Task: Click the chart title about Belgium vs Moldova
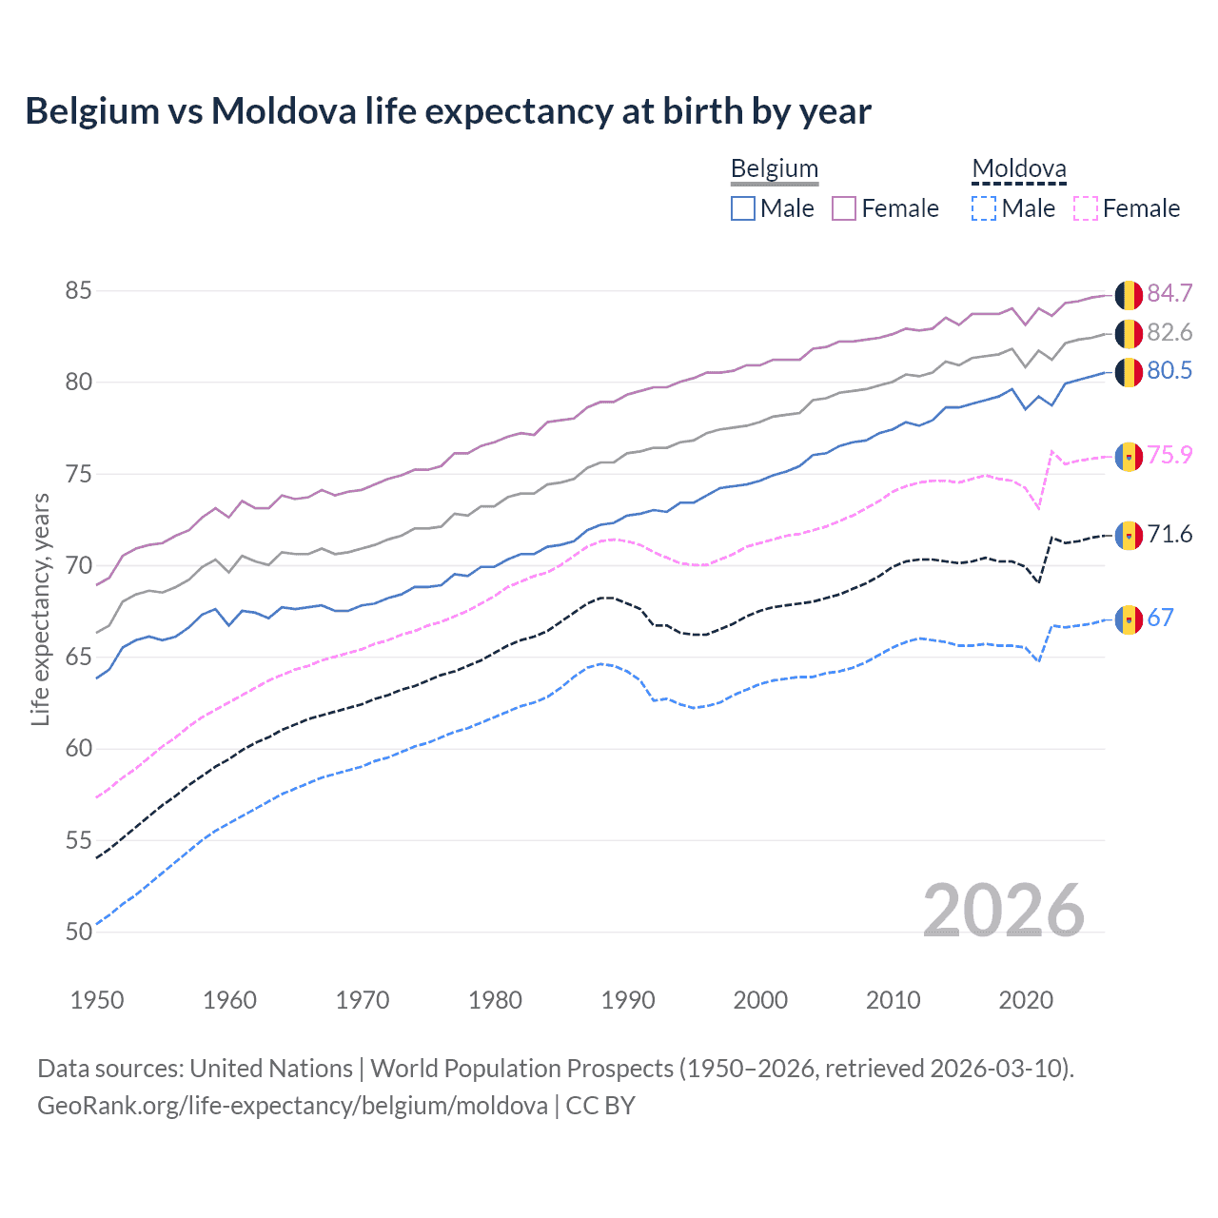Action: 447,111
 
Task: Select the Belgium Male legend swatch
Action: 743,208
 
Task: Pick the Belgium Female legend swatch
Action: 844,208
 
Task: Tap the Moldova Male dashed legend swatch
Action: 984,208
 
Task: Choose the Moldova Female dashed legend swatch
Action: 1086,208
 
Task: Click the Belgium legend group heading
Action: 775,169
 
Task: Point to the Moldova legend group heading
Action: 1019,169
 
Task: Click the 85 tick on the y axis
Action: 79,290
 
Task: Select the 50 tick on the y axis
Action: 79,932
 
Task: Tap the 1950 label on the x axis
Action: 97,1000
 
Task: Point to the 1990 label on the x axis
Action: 628,1000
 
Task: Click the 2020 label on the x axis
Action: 1026,1000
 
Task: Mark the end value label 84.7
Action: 1169,293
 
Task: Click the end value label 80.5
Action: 1169,371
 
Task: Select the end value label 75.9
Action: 1169,456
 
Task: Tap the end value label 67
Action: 1161,619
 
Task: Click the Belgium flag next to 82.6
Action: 1129,334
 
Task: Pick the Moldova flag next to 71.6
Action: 1129,536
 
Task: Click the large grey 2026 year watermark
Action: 1004,911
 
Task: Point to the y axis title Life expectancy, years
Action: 41,609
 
